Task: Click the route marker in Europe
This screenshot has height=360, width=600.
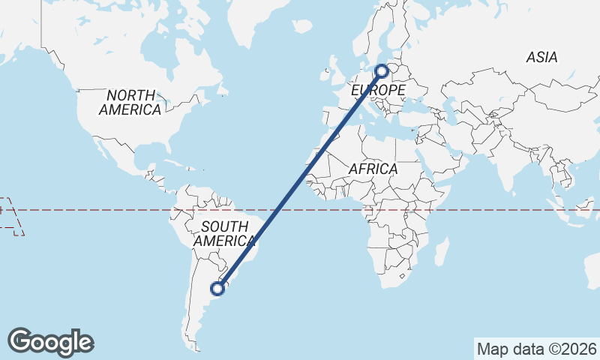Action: pyautogui.click(x=382, y=71)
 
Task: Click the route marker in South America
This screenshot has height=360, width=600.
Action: pyautogui.click(x=218, y=287)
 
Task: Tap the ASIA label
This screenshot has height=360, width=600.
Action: pyautogui.click(x=541, y=57)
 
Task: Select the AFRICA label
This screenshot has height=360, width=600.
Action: pyautogui.click(x=373, y=169)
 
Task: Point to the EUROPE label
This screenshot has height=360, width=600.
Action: pyautogui.click(x=379, y=91)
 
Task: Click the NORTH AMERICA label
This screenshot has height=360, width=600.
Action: pyautogui.click(x=130, y=103)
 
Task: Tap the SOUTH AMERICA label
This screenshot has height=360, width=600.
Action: pyautogui.click(x=224, y=233)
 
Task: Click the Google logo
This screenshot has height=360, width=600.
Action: pyautogui.click(x=50, y=342)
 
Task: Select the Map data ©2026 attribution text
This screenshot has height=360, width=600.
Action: pyautogui.click(x=536, y=349)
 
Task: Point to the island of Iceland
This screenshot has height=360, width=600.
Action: pyautogui.click(x=304, y=25)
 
